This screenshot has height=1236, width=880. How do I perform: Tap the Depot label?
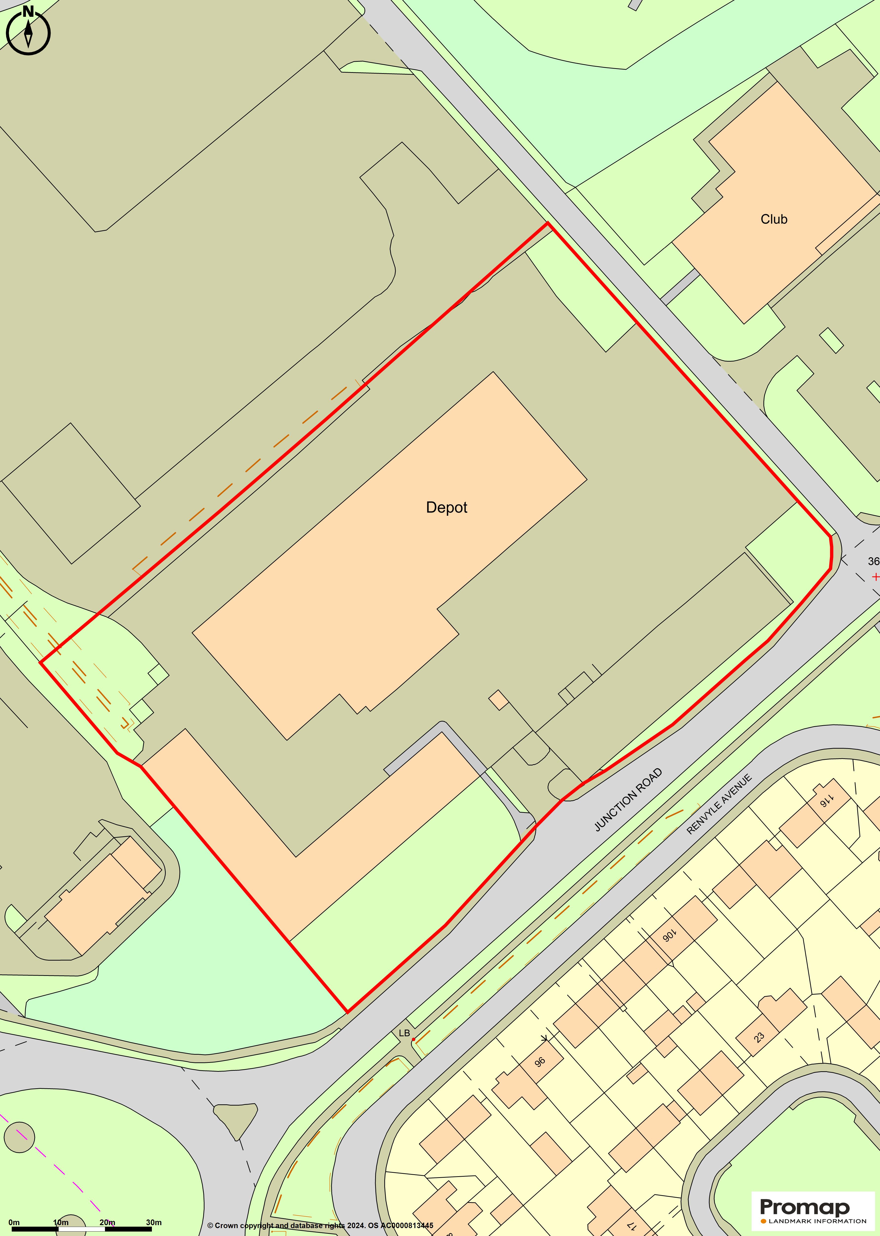[x=447, y=507]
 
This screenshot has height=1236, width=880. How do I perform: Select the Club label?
[x=774, y=219]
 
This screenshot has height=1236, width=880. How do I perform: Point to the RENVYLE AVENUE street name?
[x=719, y=804]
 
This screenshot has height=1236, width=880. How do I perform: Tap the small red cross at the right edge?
[x=875, y=577]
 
